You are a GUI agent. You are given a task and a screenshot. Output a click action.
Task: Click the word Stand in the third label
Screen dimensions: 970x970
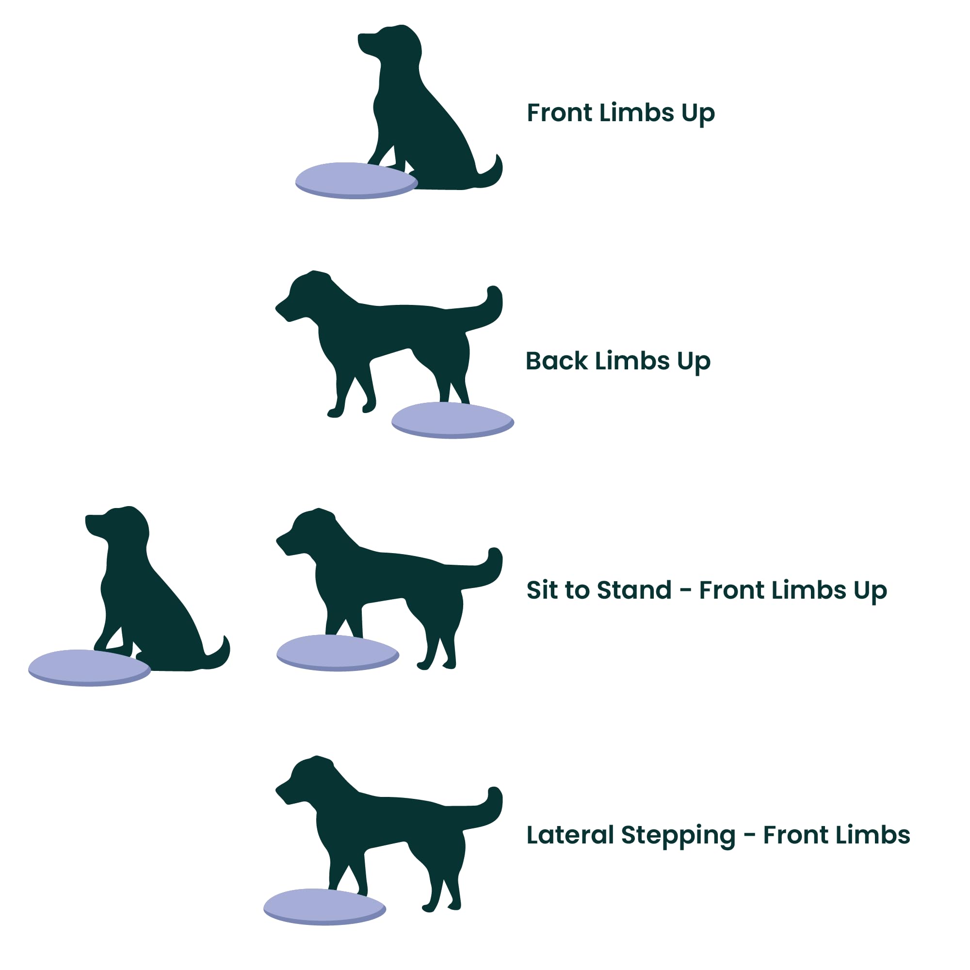(634, 590)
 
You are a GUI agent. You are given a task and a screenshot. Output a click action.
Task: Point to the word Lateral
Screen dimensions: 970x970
(570, 835)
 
